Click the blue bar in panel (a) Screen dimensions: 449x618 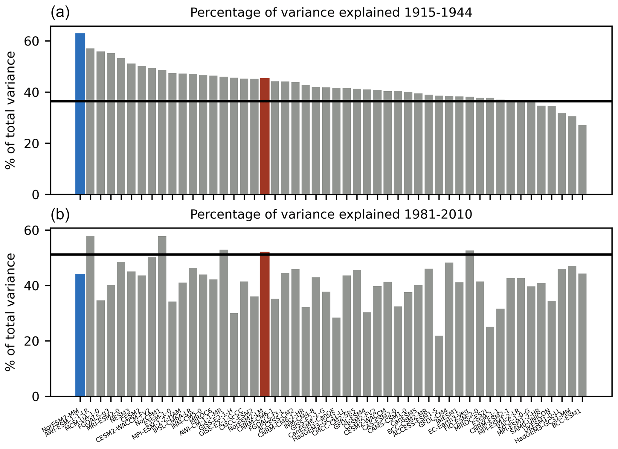tap(80, 114)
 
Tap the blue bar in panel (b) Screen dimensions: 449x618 tap(80, 335)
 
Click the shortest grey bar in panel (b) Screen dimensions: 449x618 tap(439, 366)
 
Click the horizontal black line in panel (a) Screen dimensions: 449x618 tap(329, 101)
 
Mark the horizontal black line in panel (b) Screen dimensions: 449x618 tap(329, 255)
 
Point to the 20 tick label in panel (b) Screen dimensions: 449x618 tap(31, 341)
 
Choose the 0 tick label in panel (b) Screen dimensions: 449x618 tap(35, 396)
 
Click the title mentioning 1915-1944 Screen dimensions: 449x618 tap(331, 13)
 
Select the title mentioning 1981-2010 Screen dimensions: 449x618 tap(331, 214)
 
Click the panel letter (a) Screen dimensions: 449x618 tap(60, 13)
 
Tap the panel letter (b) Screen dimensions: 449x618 tap(60, 215)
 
